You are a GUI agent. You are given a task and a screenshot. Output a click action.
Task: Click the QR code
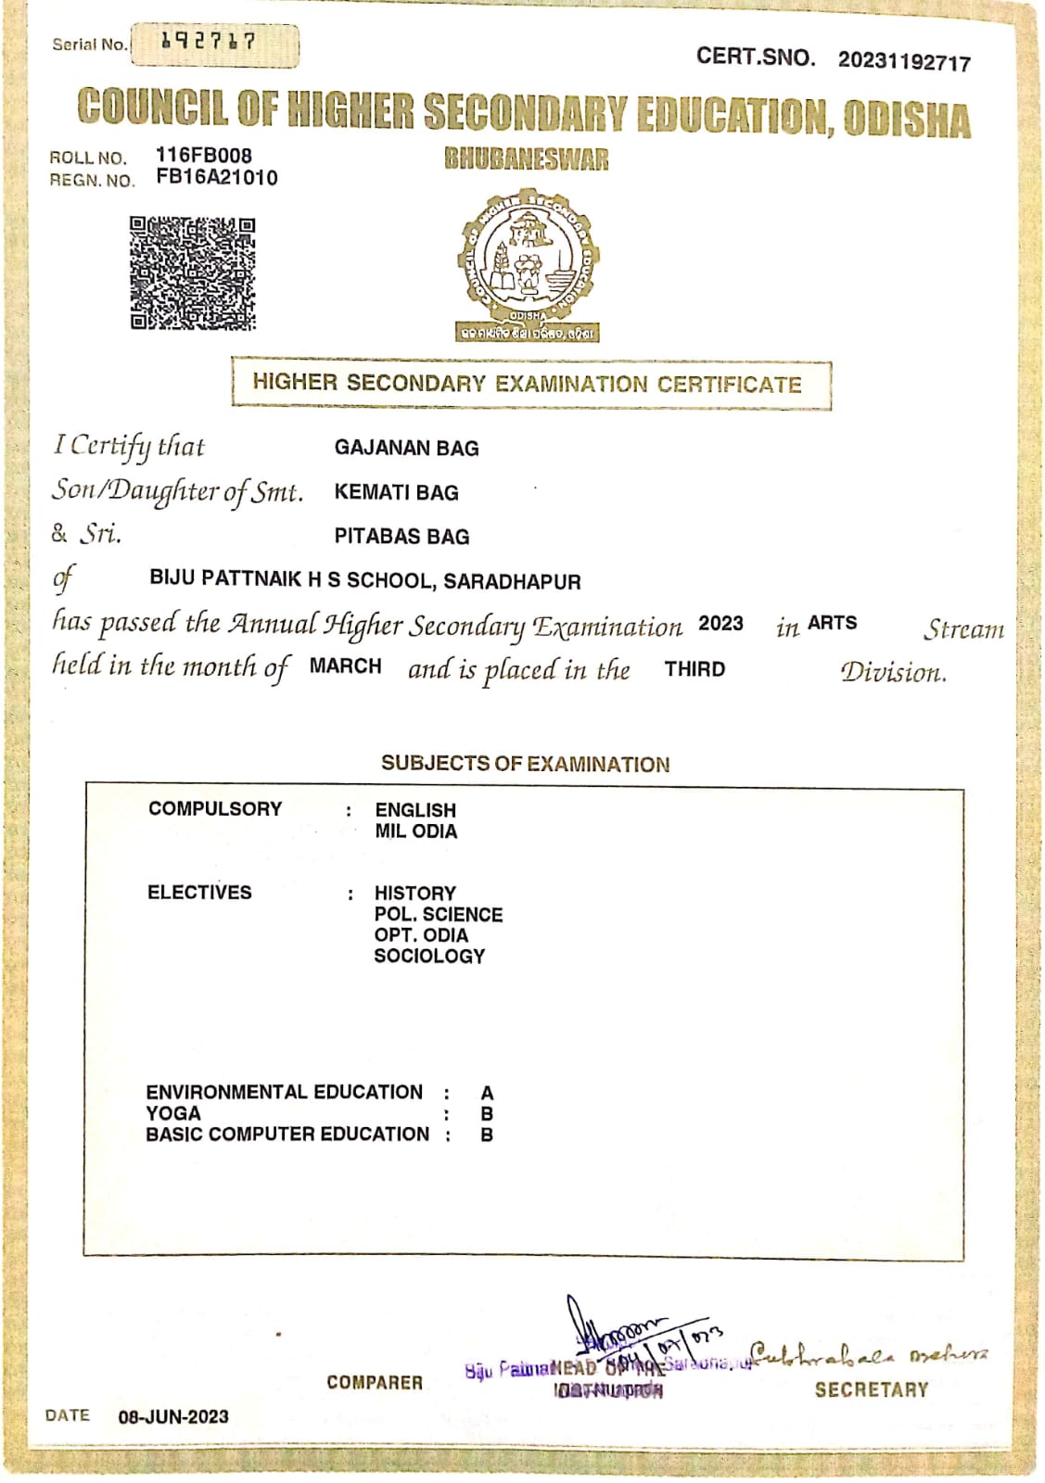[x=192, y=273]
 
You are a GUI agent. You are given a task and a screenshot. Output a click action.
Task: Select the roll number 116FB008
[x=204, y=155]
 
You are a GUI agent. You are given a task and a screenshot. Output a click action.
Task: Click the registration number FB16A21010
[x=217, y=178]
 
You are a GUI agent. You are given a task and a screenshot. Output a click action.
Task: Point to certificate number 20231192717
[x=904, y=62]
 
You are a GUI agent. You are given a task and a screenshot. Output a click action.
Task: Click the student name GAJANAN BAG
[x=406, y=449]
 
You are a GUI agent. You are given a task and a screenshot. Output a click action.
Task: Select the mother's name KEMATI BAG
[x=396, y=493]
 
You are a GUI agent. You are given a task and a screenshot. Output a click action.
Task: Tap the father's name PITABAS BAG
[x=401, y=537]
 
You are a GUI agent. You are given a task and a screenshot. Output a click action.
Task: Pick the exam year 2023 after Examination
[x=720, y=624]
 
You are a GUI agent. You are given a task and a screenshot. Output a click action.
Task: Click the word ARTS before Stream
[x=832, y=624]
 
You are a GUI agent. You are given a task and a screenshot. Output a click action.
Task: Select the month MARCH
[x=345, y=666]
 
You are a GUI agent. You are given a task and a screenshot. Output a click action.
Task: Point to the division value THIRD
[x=695, y=669]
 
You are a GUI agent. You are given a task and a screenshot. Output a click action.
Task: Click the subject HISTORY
[x=414, y=894]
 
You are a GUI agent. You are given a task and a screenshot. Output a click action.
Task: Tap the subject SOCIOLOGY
[x=429, y=957]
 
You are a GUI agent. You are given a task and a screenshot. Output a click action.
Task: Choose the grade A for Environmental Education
[x=487, y=1094]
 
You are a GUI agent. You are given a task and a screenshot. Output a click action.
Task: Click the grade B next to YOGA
[x=487, y=1114]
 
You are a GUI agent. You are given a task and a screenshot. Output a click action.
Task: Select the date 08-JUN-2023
[x=173, y=1416]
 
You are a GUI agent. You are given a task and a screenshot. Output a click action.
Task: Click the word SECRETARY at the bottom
[x=871, y=1389]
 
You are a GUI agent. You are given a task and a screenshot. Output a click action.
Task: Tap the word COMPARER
[x=375, y=1383]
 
